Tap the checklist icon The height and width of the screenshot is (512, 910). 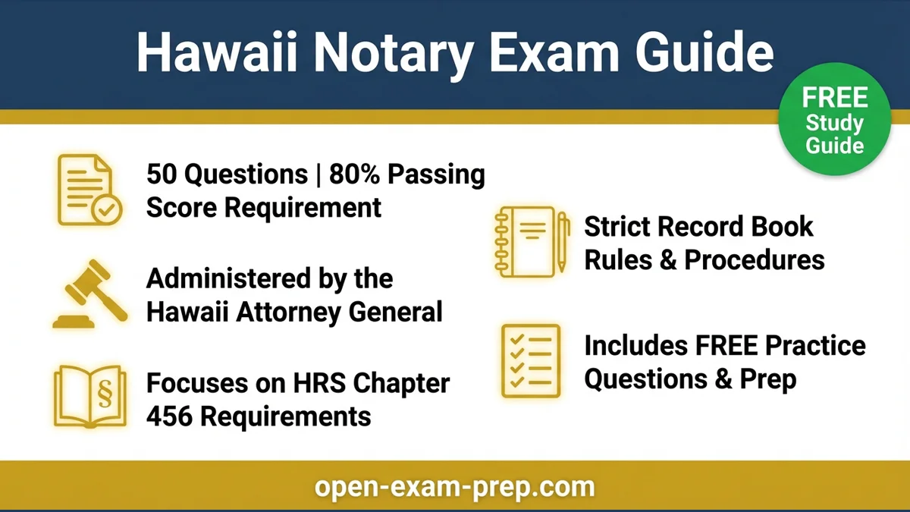[532, 361]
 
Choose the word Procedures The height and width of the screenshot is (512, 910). [754, 259]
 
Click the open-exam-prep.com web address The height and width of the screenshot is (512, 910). [455, 486]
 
